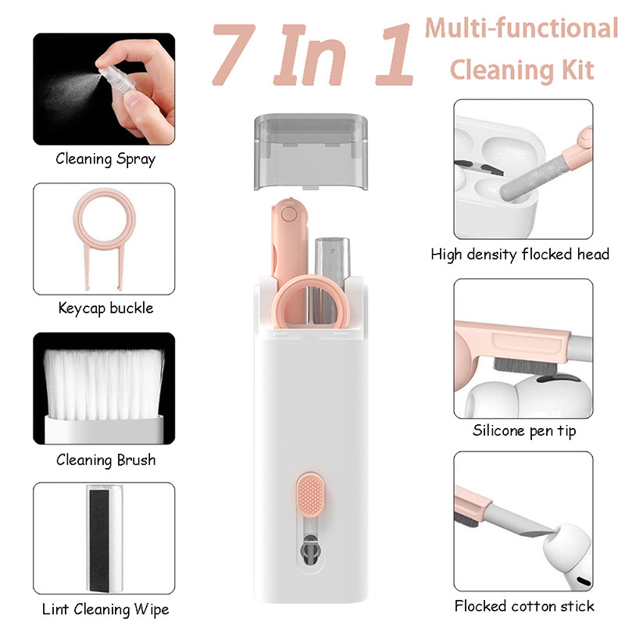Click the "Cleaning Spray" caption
105,159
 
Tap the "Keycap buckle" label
105,308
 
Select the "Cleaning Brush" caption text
105,459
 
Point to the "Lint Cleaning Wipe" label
105,609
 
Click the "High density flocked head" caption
520,254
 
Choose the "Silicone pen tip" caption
520,430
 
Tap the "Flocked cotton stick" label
524,605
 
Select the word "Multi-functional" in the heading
521,29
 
